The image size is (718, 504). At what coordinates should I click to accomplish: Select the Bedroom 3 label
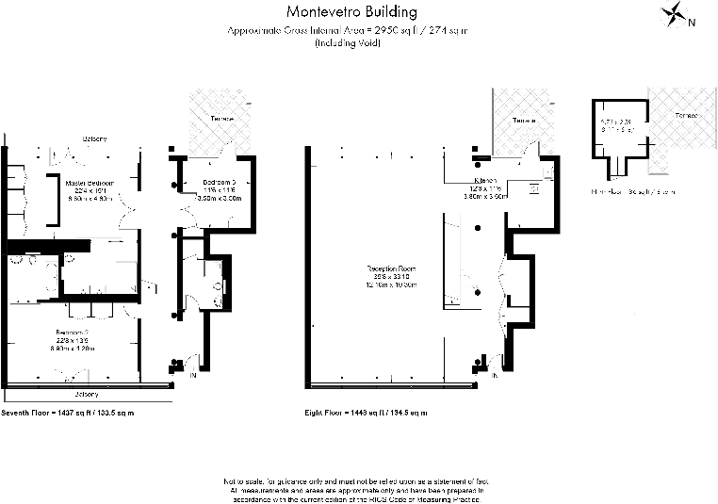(218, 182)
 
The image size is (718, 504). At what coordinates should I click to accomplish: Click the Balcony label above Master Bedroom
(94, 138)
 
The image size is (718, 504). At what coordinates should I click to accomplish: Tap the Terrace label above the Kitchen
(524, 122)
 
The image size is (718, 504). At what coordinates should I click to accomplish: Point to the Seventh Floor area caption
(68, 413)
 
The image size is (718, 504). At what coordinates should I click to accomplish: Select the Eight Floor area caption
(366, 413)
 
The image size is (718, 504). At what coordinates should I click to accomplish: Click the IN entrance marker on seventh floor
(193, 376)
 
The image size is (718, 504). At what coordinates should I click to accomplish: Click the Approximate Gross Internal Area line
(349, 31)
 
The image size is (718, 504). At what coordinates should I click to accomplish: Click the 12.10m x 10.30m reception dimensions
(391, 285)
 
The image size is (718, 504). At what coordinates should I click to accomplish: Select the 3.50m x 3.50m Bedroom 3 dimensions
(218, 199)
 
